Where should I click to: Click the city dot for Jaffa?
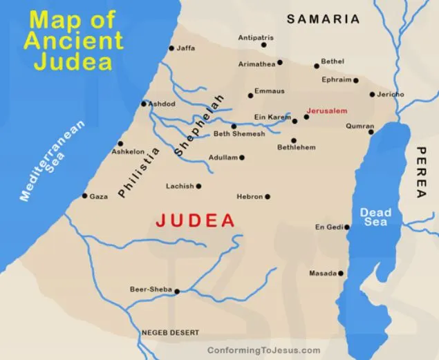(x=171, y=48)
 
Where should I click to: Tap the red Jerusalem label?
(x=327, y=111)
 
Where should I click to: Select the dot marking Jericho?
(x=372, y=94)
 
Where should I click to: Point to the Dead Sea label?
(x=375, y=218)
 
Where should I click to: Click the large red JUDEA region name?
(x=196, y=221)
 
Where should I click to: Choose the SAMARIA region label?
(x=324, y=19)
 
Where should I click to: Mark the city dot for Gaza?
(x=85, y=196)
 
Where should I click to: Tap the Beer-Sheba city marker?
(x=177, y=291)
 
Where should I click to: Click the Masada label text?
(x=323, y=274)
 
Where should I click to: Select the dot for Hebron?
(x=268, y=197)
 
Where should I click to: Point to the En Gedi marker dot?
(x=347, y=227)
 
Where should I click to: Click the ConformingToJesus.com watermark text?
(x=263, y=350)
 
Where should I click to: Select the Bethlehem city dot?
(x=293, y=140)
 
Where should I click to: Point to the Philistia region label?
(x=138, y=173)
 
